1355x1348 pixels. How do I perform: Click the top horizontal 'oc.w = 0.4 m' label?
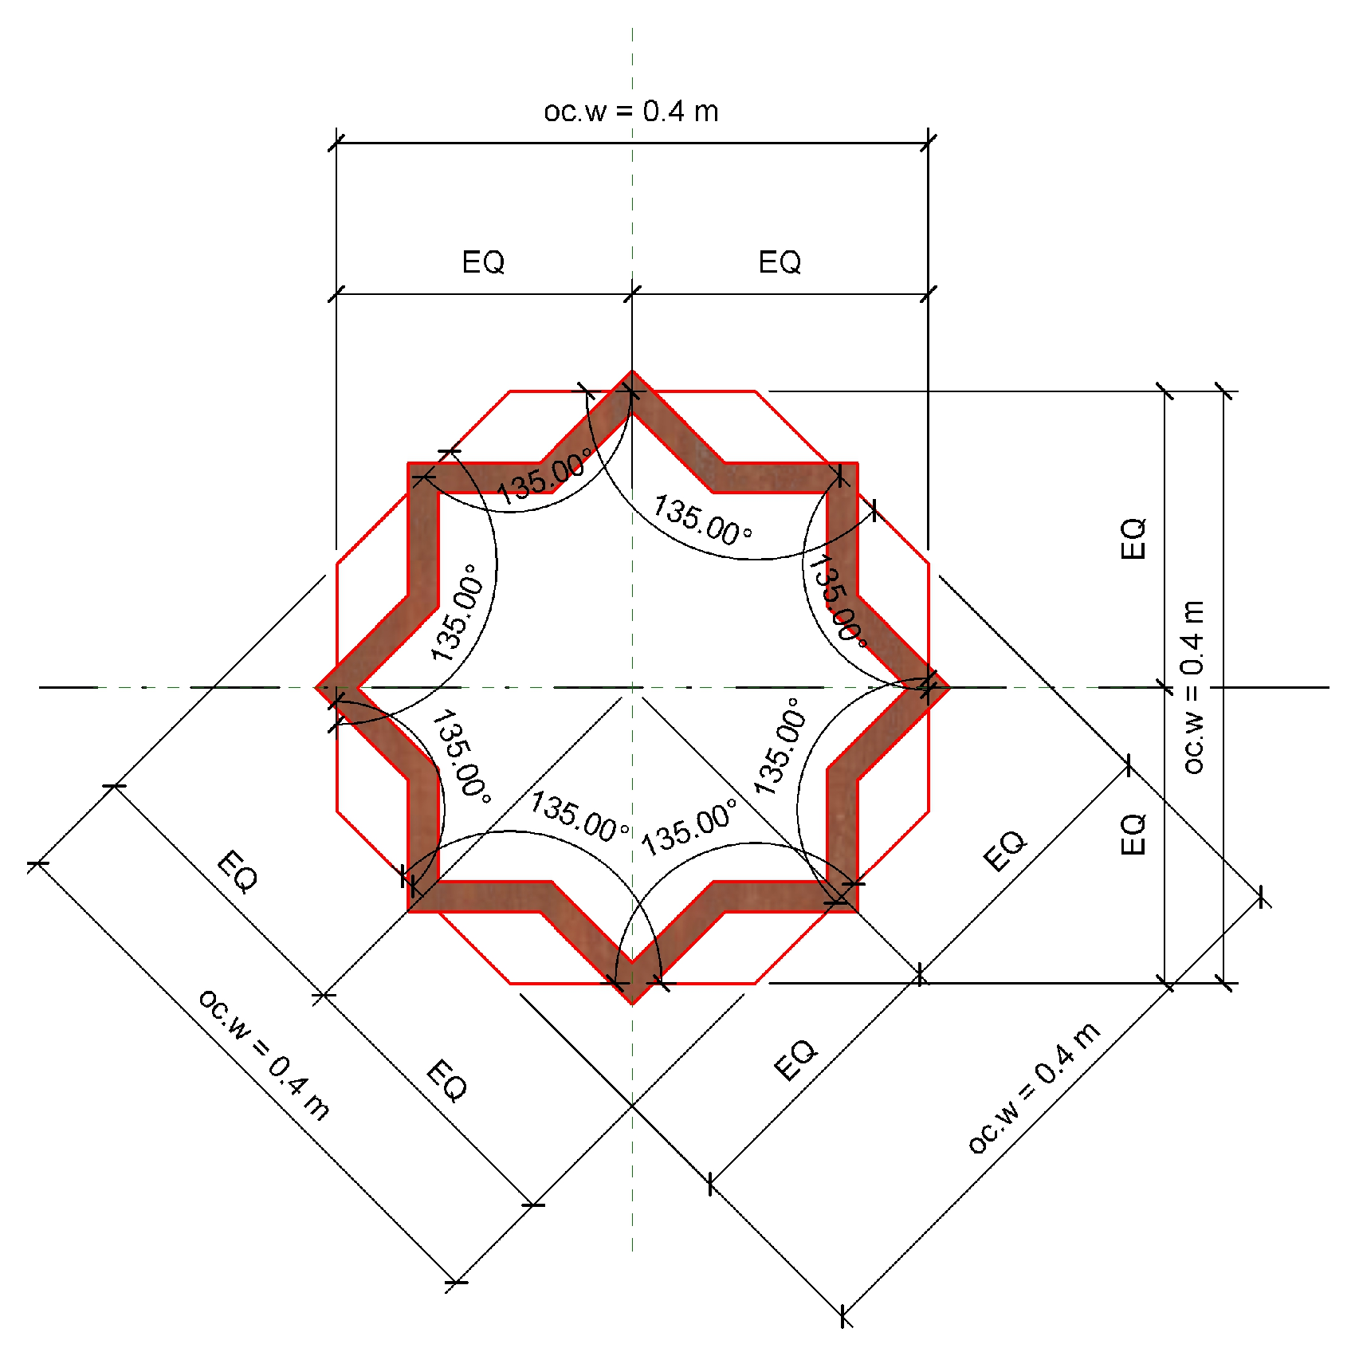[630, 112]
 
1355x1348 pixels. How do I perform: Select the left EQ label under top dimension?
[483, 262]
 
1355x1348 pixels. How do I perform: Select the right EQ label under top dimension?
[779, 262]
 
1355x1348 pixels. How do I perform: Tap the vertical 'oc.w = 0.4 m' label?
[1193, 686]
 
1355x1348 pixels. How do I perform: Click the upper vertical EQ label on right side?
[1133, 539]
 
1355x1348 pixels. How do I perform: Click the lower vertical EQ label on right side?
[1133, 835]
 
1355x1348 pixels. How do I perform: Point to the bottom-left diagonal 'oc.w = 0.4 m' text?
[264, 1054]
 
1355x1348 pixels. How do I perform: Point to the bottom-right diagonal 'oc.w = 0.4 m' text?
[1034, 1087]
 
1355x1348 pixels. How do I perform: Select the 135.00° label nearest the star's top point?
[544, 476]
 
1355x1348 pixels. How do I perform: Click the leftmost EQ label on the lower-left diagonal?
[238, 872]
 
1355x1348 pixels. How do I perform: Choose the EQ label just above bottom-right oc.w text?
[795, 1059]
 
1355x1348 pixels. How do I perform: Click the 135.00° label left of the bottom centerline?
[579, 816]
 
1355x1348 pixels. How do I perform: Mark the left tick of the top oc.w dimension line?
[336, 143]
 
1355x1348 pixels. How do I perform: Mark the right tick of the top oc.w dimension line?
[928, 143]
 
